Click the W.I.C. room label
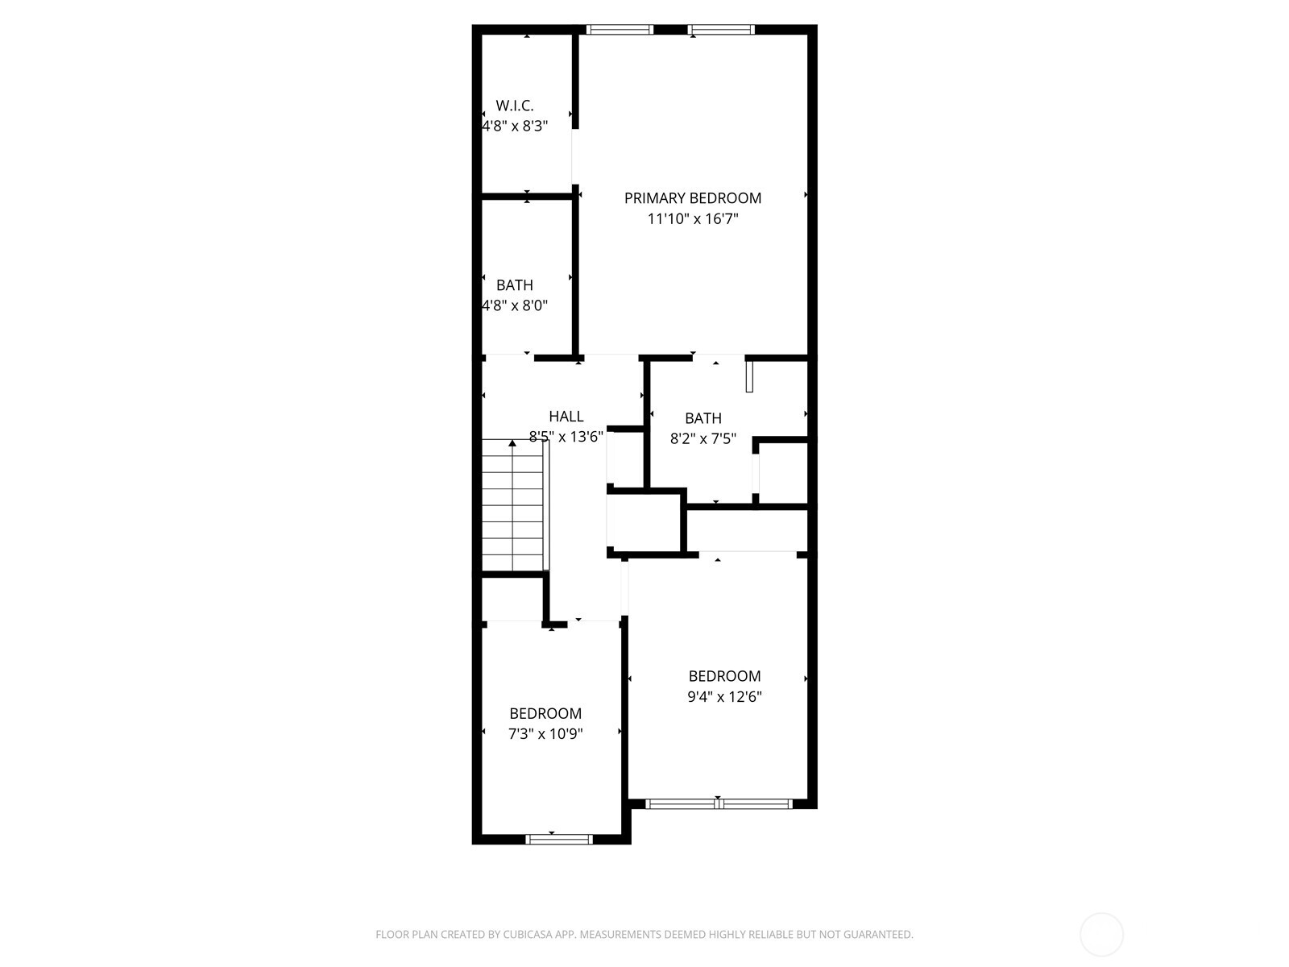pos(514,106)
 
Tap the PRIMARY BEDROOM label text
pos(692,198)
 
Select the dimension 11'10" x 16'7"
pos(692,218)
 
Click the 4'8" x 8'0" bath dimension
pos(514,305)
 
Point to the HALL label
pos(566,417)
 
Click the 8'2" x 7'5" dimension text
pos(703,439)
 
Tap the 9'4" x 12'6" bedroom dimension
pos(724,697)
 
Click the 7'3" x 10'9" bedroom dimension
pos(545,734)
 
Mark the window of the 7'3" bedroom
pos(558,839)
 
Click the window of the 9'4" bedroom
pos(719,803)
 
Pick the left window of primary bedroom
pos(619,30)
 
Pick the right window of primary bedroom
pos(721,30)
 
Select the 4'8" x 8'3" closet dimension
pos(514,127)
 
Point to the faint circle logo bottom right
pos(1101,935)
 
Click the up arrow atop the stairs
pos(512,443)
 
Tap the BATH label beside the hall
pos(703,418)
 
